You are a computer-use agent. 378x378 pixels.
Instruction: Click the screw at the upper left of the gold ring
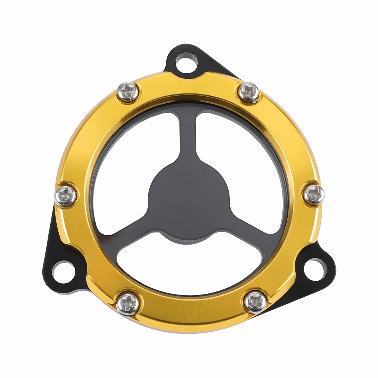(128, 91)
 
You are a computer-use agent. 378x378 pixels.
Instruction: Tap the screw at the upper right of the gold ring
(249, 91)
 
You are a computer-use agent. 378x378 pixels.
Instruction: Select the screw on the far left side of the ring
(66, 195)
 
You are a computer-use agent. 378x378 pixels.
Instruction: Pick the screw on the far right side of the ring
(314, 195)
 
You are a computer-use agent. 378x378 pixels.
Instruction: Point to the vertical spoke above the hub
(189, 140)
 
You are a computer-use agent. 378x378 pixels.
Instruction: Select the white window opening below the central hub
(189, 265)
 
